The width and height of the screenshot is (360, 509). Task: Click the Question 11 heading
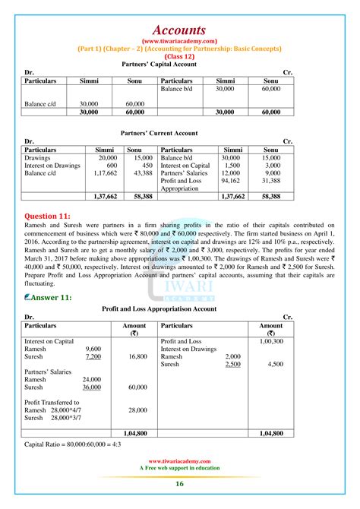pyautogui.click(x=51, y=216)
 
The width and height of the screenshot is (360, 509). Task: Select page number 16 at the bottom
pyautogui.click(x=179, y=484)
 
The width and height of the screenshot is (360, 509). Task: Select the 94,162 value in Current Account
pyautogui.click(x=230, y=181)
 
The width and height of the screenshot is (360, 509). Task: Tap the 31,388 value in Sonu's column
pyautogui.click(x=270, y=181)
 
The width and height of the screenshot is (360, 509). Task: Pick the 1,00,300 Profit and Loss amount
pyautogui.click(x=271, y=342)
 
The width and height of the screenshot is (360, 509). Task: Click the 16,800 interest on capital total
pyautogui.click(x=137, y=356)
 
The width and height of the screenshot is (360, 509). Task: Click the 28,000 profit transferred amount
pyautogui.click(x=137, y=409)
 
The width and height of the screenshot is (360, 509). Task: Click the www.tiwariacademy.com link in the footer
pyautogui.click(x=179, y=460)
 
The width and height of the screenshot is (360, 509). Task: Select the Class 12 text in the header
pyautogui.click(x=179, y=57)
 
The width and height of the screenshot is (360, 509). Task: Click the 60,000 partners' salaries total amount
pyautogui.click(x=137, y=387)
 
